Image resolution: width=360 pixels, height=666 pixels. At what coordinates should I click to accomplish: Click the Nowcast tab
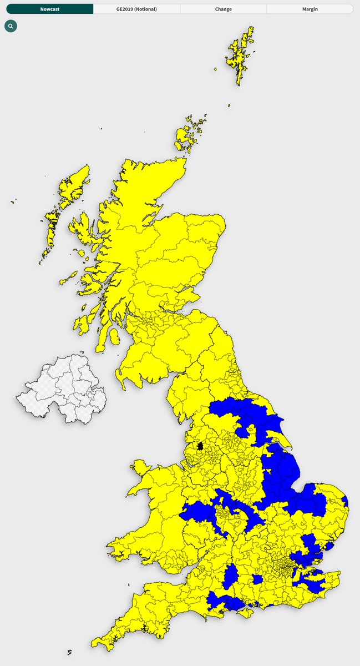[x=50, y=9]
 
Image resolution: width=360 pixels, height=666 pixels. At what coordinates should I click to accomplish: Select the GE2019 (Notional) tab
[x=136, y=9]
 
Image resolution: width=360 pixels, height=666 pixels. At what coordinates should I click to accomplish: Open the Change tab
[x=223, y=9]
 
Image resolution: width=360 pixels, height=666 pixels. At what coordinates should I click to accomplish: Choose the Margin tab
[x=310, y=9]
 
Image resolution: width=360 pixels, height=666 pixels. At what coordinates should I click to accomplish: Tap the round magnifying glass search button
[x=11, y=26]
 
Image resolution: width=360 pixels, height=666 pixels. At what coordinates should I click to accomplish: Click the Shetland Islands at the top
[x=242, y=56]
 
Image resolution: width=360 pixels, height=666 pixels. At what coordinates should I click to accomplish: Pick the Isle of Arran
[x=114, y=336]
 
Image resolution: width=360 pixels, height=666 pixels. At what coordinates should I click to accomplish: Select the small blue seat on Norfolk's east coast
[x=345, y=501]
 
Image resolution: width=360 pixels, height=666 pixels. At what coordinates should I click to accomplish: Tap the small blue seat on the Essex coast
[x=330, y=546]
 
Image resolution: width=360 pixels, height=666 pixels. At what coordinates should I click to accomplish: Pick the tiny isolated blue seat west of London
[x=257, y=579]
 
